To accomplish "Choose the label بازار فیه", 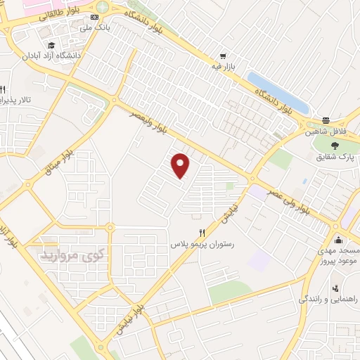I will [208, 67].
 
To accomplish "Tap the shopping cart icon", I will [223, 56].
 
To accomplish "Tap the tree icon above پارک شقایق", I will [334, 145].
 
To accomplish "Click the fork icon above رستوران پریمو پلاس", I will [202, 233].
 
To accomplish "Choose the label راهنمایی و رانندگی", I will [330, 300].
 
